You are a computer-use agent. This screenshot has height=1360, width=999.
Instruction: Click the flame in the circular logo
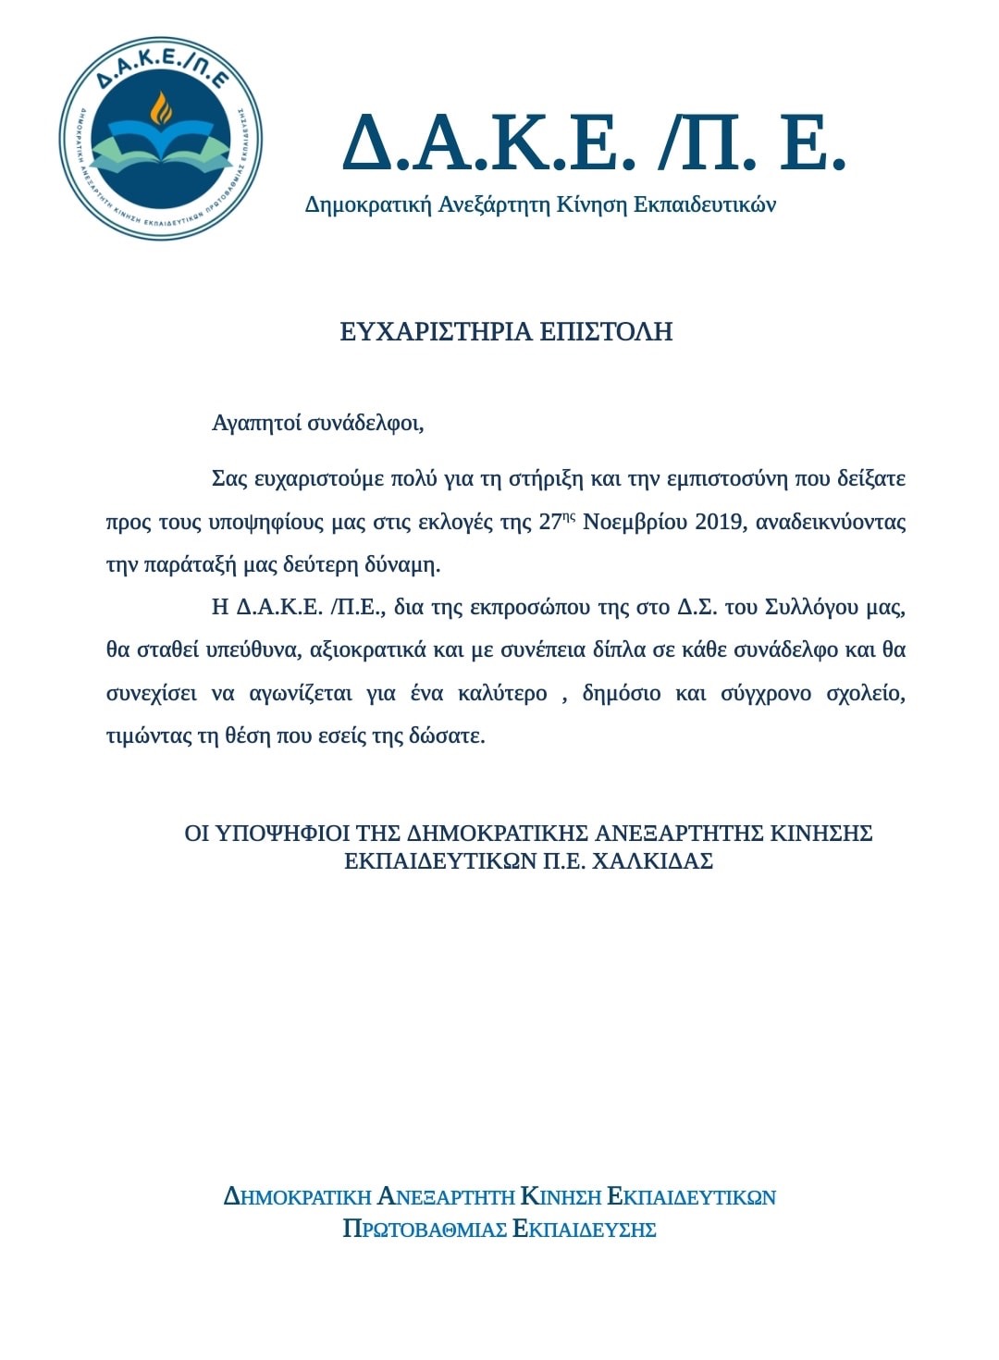162,108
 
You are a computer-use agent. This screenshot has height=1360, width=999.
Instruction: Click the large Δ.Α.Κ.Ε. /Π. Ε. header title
593,142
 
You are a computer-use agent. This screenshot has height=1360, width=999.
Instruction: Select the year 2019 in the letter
720,522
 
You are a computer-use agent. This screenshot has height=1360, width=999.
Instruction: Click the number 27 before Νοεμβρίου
549,522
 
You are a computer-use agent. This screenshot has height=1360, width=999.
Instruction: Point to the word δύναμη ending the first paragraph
402,564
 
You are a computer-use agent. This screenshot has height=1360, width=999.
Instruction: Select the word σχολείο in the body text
866,693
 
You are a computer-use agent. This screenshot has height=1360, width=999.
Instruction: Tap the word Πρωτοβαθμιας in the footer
424,1230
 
